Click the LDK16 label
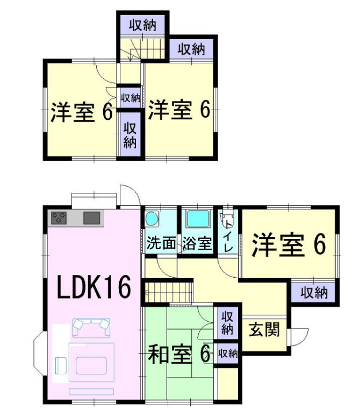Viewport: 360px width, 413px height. point(95,288)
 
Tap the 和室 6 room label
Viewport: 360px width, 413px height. point(179,354)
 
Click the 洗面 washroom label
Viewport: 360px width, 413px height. point(161,243)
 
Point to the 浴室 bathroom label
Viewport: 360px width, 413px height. point(197,243)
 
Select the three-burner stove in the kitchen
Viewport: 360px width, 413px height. point(59,218)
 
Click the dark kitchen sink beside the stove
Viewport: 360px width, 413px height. point(92,218)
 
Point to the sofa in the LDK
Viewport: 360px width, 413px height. point(91,326)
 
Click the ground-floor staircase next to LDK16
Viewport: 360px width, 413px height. point(168,293)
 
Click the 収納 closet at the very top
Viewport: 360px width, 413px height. point(142,24)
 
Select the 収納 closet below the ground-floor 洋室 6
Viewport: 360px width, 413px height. point(314,293)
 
